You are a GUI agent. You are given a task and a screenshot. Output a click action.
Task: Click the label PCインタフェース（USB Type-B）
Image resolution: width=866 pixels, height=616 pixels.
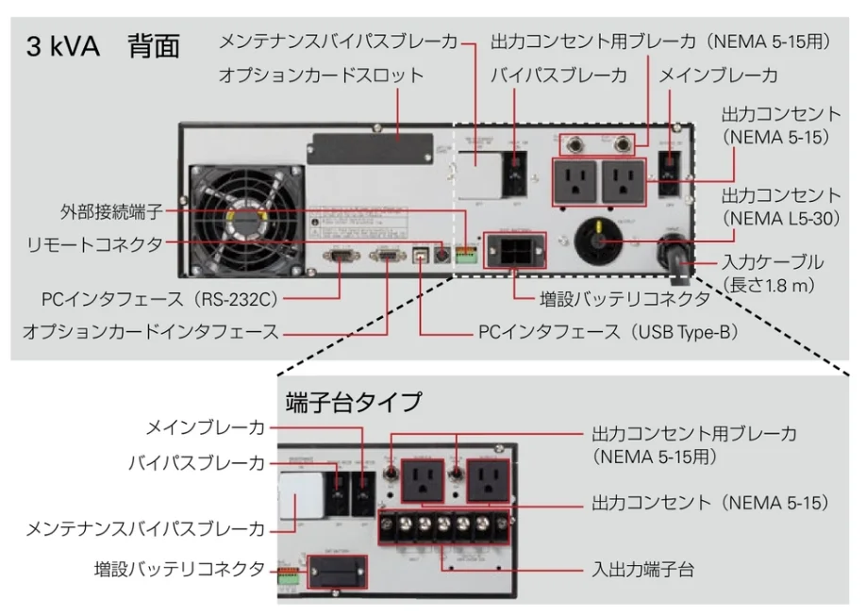pyautogui.click(x=608, y=333)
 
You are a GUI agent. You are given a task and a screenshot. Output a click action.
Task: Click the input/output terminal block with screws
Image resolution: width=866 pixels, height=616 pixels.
pyautogui.click(x=442, y=524)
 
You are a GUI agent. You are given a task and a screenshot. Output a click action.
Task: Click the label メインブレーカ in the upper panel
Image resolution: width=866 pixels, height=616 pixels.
pyautogui.click(x=718, y=75)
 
